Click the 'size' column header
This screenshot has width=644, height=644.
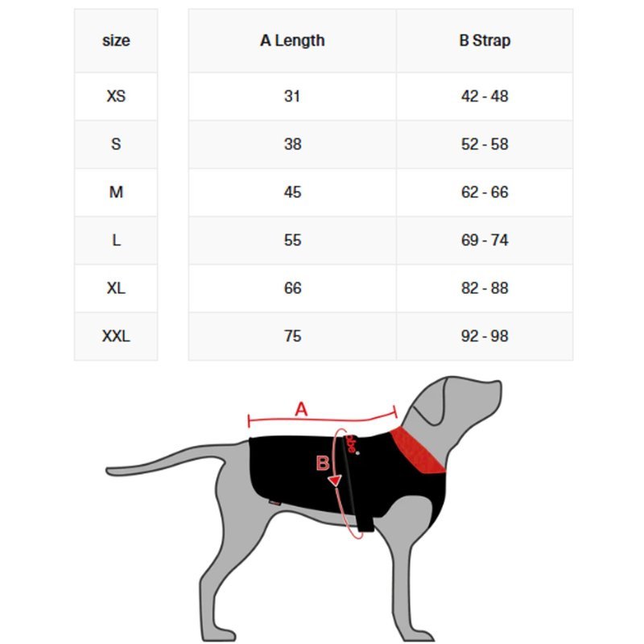pyautogui.click(x=116, y=41)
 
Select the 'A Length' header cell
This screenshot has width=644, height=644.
pyautogui.click(x=292, y=41)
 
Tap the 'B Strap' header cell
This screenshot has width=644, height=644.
pyautogui.click(x=485, y=41)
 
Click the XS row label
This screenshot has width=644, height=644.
pyautogui.click(x=116, y=96)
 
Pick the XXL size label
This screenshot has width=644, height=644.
pyautogui.click(x=116, y=336)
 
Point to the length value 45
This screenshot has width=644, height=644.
pyautogui.click(x=292, y=192)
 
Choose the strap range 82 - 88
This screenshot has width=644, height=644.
pyautogui.click(x=485, y=288)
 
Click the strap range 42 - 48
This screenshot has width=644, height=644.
pyautogui.click(x=485, y=96)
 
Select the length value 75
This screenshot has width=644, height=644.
pyautogui.click(x=292, y=336)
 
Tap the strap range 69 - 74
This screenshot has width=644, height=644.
pyautogui.click(x=485, y=240)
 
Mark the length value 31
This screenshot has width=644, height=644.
pyautogui.click(x=292, y=96)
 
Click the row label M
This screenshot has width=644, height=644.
pyautogui.click(x=116, y=192)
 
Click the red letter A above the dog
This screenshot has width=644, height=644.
pyautogui.click(x=301, y=409)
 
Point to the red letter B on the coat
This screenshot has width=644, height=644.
pyautogui.click(x=323, y=463)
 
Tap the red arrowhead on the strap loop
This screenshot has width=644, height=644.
pyautogui.click(x=336, y=480)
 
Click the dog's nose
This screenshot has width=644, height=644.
pyautogui.click(x=498, y=387)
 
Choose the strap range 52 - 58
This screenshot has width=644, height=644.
pyautogui.click(x=485, y=144)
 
